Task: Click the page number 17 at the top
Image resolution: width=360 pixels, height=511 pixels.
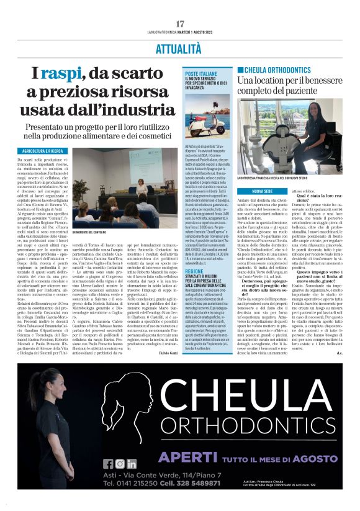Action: pyautogui.click(x=180, y=24)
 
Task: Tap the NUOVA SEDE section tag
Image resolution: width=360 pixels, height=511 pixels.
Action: pyautogui.click(x=263, y=192)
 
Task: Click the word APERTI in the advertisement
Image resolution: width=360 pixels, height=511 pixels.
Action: pyautogui.click(x=181, y=457)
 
